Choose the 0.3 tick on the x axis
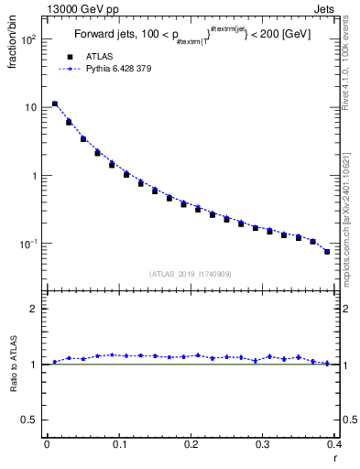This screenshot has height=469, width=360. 265,444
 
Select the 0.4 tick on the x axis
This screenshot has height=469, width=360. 336,444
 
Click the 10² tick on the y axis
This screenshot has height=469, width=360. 28,40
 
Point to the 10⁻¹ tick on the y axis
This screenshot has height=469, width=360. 28,244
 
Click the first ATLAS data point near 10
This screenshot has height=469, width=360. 55,104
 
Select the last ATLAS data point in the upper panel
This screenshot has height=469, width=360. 327,252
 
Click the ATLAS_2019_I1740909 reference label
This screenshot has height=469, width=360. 191,273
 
